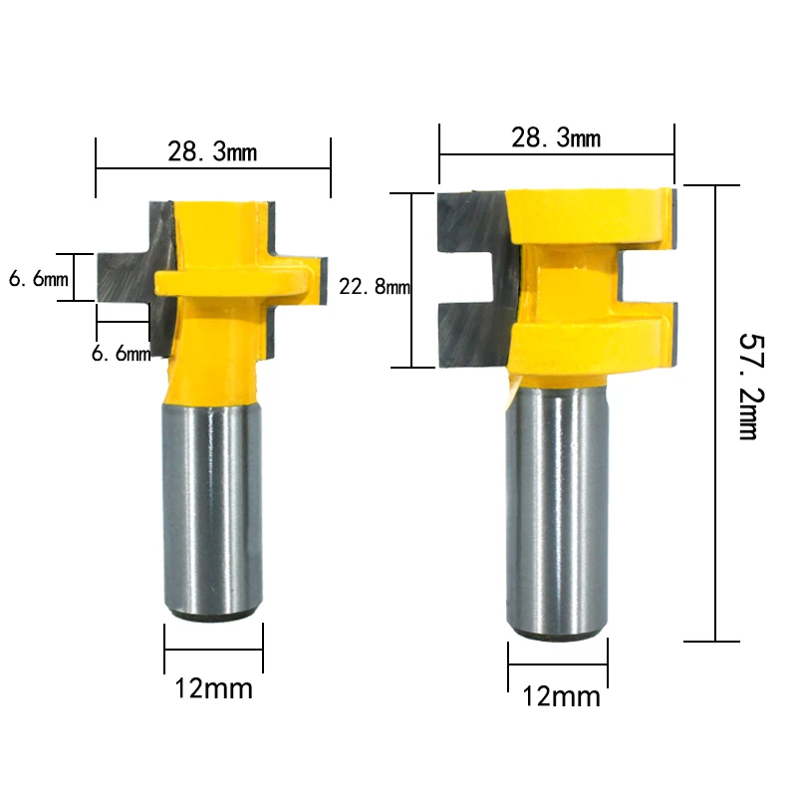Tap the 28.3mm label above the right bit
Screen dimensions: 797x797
(556, 137)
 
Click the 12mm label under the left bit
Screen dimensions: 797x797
(213, 688)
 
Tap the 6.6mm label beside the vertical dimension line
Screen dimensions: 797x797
(38, 280)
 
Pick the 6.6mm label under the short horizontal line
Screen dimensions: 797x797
(121, 353)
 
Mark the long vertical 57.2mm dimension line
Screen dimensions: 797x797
(715, 418)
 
